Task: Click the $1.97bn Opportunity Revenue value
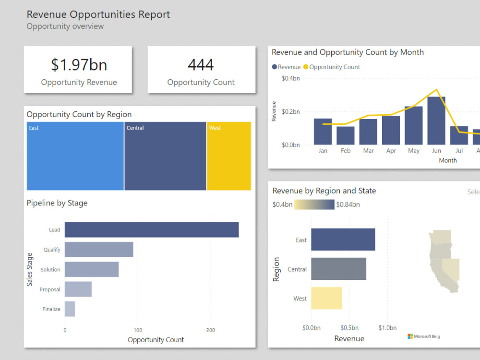tap(79, 65)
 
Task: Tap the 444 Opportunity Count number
tap(201, 65)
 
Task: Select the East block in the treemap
tap(75, 156)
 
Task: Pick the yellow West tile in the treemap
tap(229, 156)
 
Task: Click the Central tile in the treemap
tap(165, 156)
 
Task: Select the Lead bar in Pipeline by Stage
tap(152, 230)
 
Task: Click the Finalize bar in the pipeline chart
tap(70, 309)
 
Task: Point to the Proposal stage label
tap(50, 289)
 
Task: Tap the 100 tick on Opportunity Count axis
tap(138, 330)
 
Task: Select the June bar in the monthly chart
tap(436, 120)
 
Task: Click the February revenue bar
tap(346, 135)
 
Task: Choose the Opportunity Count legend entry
tap(332, 67)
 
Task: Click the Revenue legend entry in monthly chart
tap(287, 67)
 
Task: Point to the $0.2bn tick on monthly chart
tap(290, 112)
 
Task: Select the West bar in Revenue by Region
tap(326, 298)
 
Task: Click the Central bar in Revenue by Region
tap(338, 269)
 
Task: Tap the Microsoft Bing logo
tap(423, 336)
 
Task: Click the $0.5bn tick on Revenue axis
tap(349, 328)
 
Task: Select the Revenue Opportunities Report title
tap(98, 14)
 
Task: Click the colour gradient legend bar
tap(314, 204)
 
